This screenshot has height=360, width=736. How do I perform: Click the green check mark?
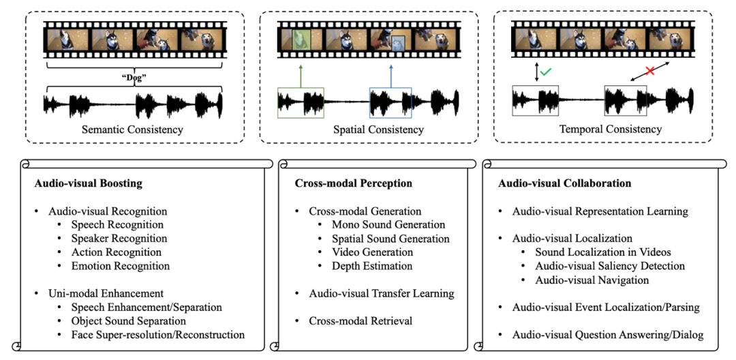(547, 70)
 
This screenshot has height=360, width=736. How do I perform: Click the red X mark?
(649, 70)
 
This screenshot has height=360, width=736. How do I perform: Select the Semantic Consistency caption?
(134, 130)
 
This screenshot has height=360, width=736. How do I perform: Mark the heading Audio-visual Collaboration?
(564, 183)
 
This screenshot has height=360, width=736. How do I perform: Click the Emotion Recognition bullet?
(120, 266)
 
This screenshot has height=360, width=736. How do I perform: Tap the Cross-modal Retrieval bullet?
(361, 320)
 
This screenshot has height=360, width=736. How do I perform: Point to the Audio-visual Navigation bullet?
(592, 280)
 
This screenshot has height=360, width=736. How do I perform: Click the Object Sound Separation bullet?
(128, 320)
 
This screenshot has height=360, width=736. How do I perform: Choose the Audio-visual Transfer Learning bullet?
(381, 293)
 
